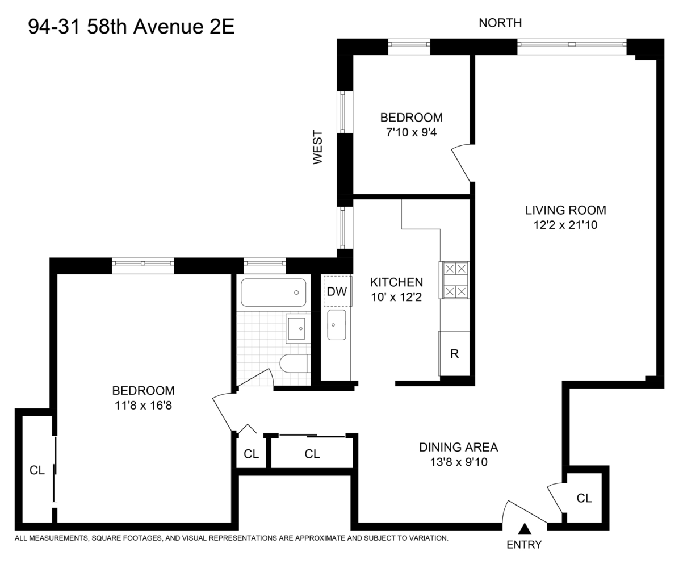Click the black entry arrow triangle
pyautogui.click(x=526, y=529)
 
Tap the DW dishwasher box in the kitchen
pyautogui.click(x=337, y=291)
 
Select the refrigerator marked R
pyautogui.click(x=454, y=353)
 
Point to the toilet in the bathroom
pyautogui.click(x=294, y=364)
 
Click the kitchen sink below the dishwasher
pyautogui.click(x=337, y=325)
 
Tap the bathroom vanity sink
pyautogui.click(x=297, y=328)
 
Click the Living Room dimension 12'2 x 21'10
pyautogui.click(x=565, y=225)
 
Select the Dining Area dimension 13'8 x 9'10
pyautogui.click(x=459, y=462)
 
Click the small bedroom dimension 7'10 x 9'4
pyautogui.click(x=411, y=132)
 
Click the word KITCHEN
pyautogui.click(x=396, y=282)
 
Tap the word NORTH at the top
pyautogui.click(x=500, y=23)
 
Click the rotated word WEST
pyautogui.click(x=317, y=147)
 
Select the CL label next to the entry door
pyautogui.click(x=584, y=499)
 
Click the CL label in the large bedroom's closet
pyautogui.click(x=37, y=470)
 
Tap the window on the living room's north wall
pyautogui.click(x=572, y=44)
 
